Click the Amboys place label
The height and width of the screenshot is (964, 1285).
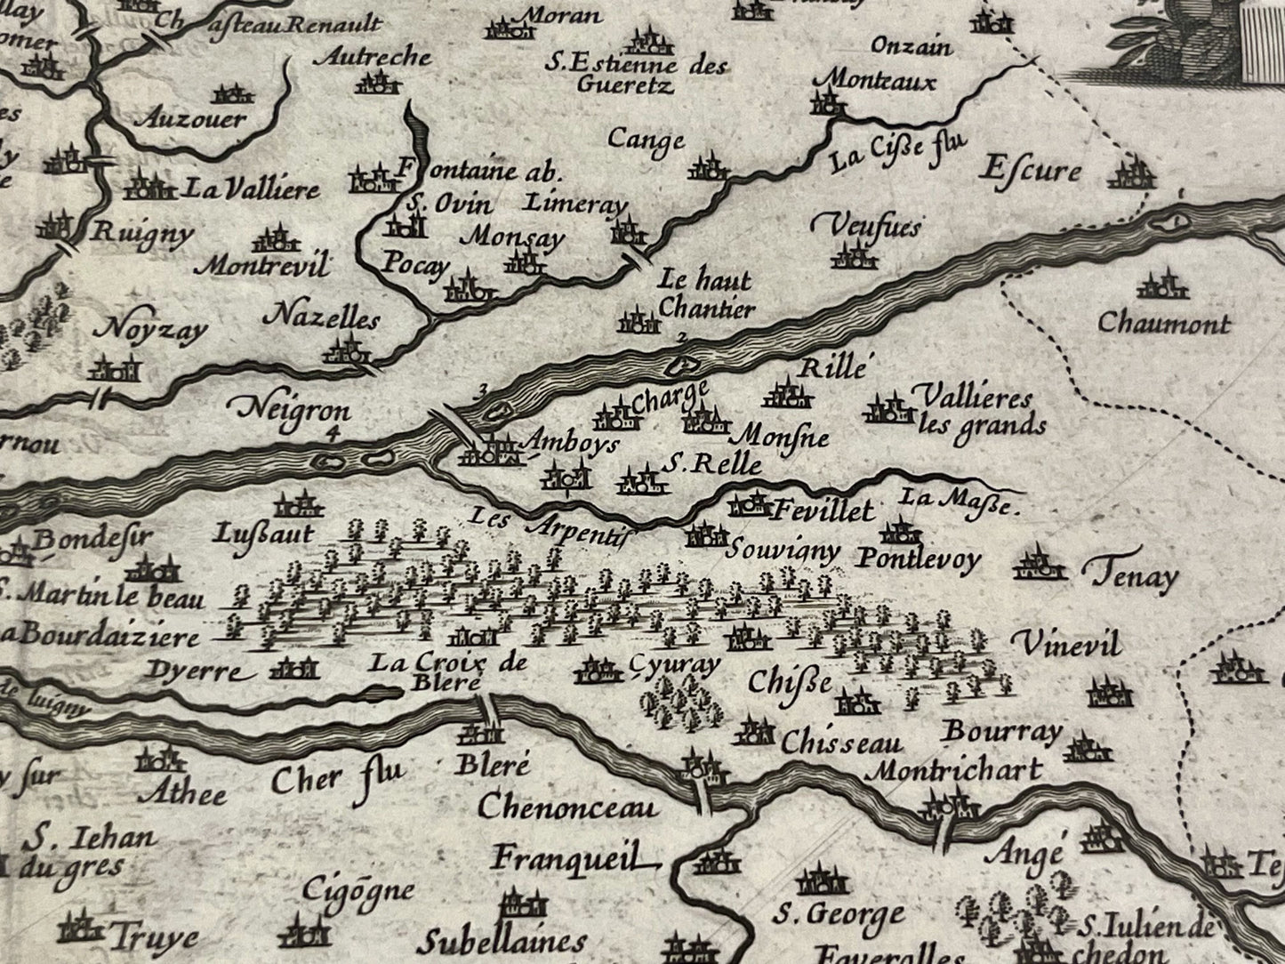(x=572, y=444)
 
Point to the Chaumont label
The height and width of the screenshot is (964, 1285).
(x=1163, y=322)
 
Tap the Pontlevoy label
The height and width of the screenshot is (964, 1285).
(x=919, y=558)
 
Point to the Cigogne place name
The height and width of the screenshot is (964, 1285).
(x=357, y=890)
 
